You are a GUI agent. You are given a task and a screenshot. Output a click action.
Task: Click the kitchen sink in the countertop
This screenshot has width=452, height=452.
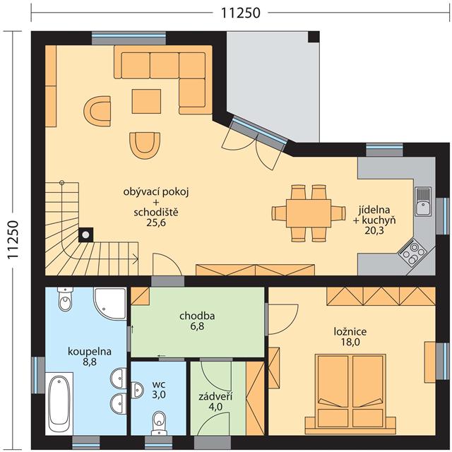(423, 201)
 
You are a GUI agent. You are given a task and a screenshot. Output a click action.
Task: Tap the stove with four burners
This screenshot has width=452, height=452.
(413, 253)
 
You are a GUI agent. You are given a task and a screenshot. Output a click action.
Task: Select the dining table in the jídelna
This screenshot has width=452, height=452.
(309, 213)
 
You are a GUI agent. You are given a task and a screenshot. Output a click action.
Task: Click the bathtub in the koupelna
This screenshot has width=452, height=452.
(59, 403)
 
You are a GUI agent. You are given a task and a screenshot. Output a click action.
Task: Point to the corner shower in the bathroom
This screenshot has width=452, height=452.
(110, 303)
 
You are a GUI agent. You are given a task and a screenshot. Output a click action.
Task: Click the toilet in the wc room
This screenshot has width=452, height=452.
(158, 422)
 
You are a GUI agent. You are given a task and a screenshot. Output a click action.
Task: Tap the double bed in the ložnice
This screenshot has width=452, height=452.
(350, 394)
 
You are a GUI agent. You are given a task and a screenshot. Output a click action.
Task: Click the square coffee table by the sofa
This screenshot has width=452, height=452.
(146, 101)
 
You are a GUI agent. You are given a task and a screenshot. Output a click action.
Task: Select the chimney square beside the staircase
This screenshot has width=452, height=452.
(86, 235)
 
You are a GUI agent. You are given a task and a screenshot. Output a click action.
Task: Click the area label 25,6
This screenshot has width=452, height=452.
(156, 223)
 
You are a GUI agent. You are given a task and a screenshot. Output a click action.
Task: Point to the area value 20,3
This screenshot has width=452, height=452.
(374, 231)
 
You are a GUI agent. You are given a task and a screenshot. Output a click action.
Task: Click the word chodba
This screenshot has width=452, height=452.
(197, 316)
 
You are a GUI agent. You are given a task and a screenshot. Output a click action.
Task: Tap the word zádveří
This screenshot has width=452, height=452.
(215, 397)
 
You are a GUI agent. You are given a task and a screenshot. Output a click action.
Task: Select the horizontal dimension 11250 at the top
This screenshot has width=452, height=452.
(241, 13)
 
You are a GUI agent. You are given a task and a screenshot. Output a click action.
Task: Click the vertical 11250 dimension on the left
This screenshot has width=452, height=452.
(13, 240)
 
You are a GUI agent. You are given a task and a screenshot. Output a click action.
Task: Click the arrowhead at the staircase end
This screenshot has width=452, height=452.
(136, 258)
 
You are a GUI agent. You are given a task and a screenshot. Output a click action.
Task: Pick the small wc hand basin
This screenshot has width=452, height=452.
(137, 389)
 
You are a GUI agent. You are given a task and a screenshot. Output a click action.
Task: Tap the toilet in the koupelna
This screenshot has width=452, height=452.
(65, 299)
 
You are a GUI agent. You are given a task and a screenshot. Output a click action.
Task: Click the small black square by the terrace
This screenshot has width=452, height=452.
(314, 37)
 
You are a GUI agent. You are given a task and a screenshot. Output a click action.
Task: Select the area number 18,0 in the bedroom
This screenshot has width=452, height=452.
(350, 342)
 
